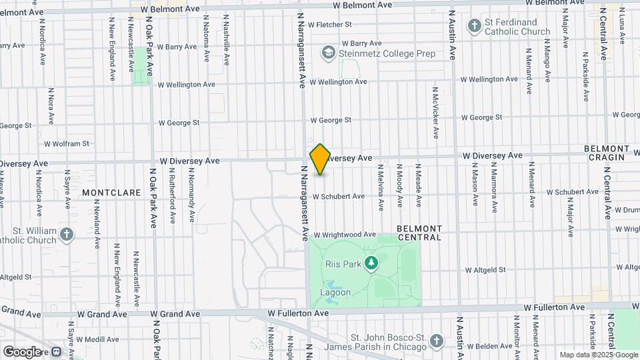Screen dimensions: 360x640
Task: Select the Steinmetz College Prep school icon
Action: coord(328,52)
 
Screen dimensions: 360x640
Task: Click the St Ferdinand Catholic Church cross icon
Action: coord(474,26)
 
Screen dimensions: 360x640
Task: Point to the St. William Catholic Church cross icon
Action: coord(66,234)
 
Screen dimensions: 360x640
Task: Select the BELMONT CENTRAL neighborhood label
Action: coord(419,233)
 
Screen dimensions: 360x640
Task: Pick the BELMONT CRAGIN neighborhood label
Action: coord(606,153)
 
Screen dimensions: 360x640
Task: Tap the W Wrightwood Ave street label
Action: coord(345,235)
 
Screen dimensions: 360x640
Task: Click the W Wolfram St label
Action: coord(67,143)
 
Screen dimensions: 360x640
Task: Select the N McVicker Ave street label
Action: coord(436,112)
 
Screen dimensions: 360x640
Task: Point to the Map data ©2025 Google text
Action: coord(598,355)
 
